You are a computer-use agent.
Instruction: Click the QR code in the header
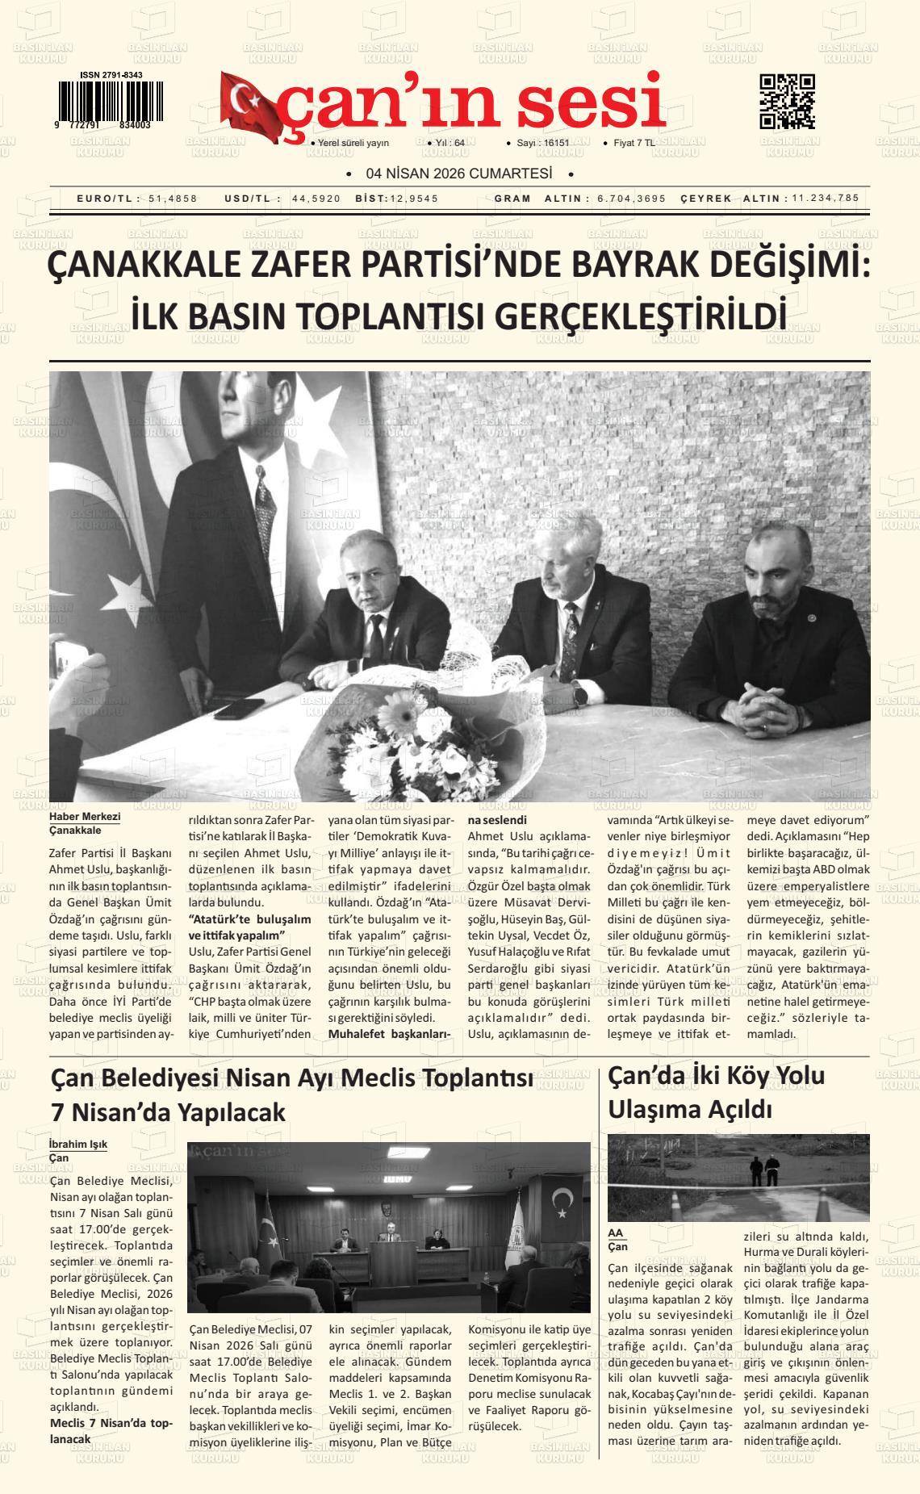pos(787,101)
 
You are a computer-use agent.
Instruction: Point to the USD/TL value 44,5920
pos(316,199)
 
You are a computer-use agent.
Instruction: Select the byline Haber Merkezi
pos(85,817)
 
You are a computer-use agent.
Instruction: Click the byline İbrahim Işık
pos(78,1144)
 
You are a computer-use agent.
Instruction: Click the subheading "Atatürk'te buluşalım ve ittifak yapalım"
pos(249,927)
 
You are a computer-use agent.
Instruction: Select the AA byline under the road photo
pos(616,1233)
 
